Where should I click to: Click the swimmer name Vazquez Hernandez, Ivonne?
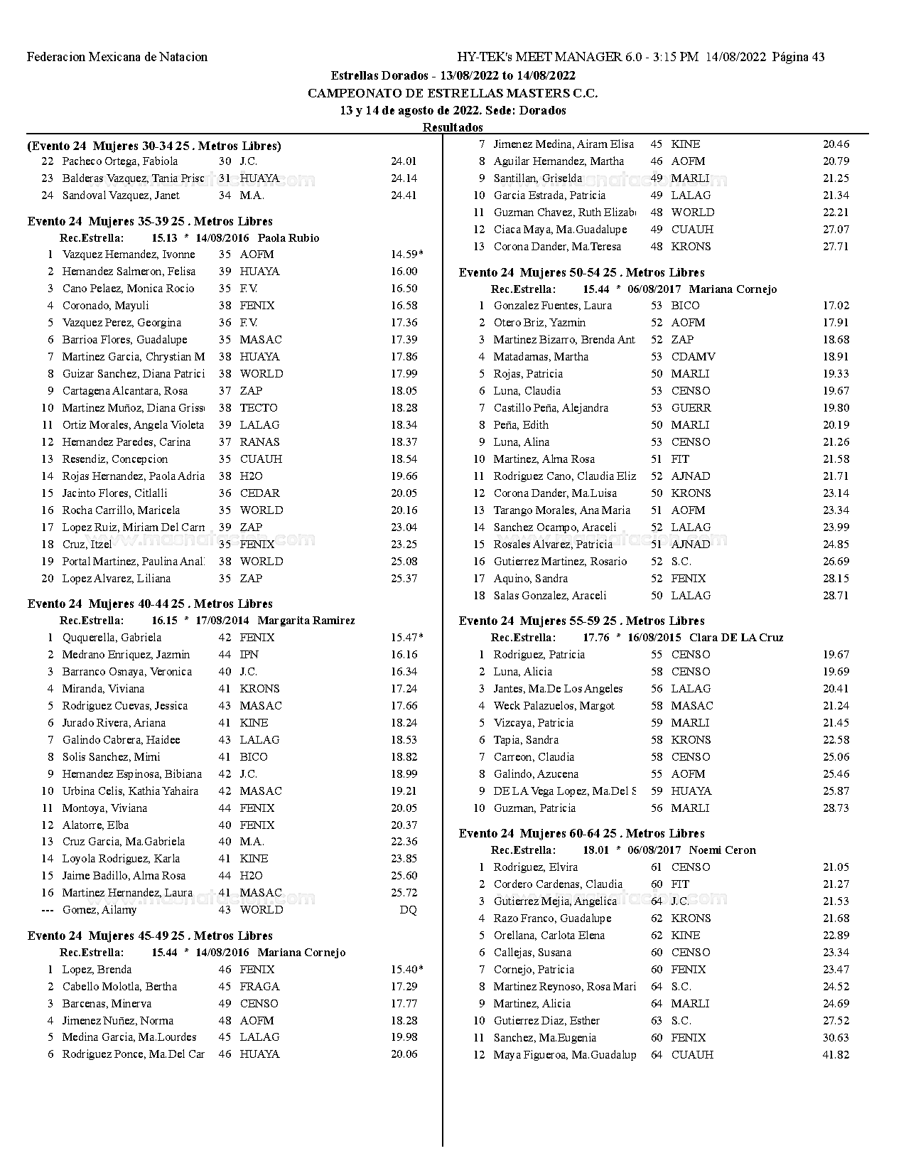[x=128, y=255]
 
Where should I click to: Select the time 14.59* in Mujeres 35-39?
[x=406, y=255]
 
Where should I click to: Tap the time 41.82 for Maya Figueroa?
[x=836, y=1055]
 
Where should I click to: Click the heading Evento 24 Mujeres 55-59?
[x=581, y=621]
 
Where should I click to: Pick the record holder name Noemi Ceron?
[x=722, y=850]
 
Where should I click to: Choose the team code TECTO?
[x=259, y=408]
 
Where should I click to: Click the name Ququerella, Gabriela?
[x=112, y=638]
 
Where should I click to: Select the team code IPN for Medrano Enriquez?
[x=249, y=655]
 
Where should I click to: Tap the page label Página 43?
[x=798, y=57]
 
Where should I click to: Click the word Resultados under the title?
[x=453, y=128]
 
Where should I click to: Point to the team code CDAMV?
[x=693, y=357]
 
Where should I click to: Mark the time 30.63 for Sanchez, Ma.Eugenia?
[x=836, y=1038]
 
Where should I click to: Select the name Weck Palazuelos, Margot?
[x=554, y=706]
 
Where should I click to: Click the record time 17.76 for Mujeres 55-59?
[x=595, y=638]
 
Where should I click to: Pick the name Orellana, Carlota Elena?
[x=549, y=936]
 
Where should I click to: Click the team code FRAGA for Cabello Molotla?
[x=259, y=987]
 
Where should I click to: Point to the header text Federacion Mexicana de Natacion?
[x=117, y=57]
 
